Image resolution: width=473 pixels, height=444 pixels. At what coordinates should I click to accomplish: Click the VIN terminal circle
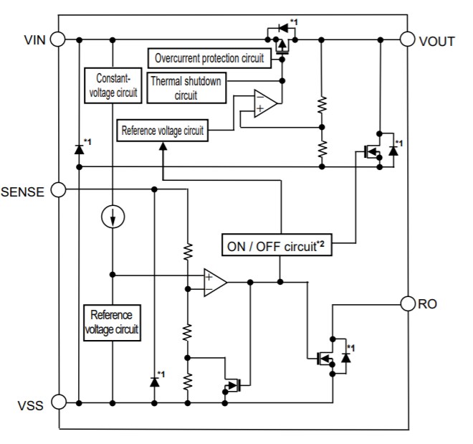(58, 39)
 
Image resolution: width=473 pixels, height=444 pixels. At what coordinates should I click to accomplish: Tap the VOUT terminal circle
(408, 39)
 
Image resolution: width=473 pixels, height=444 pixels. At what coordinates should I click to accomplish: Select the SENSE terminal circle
(58, 190)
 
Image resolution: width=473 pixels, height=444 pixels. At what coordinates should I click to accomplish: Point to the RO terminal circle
(408, 304)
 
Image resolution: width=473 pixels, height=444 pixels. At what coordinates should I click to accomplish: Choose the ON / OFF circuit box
(276, 245)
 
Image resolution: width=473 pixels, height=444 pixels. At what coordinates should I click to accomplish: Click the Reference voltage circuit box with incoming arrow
(163, 131)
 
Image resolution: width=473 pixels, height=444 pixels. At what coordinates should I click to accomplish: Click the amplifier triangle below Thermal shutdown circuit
(264, 104)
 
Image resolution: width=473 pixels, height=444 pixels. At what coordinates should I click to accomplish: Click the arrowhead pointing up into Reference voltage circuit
(163, 146)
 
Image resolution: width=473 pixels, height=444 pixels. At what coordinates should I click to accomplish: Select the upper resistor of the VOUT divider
(320, 104)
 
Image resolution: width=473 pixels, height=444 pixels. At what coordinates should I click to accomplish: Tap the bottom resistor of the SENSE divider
(188, 380)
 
